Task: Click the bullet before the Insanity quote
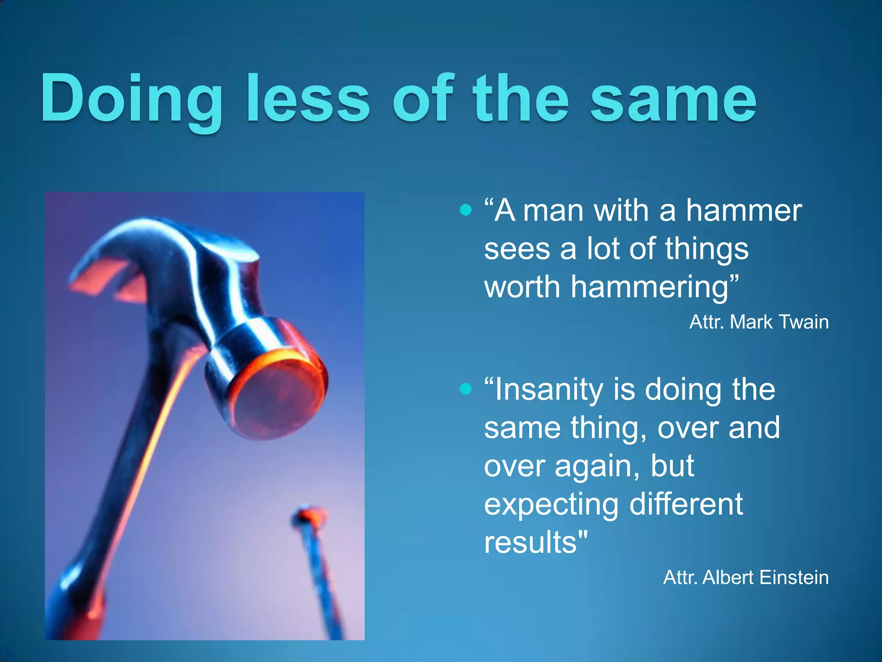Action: [466, 389]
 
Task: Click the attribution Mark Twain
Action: [779, 322]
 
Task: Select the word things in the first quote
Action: [706, 250]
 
